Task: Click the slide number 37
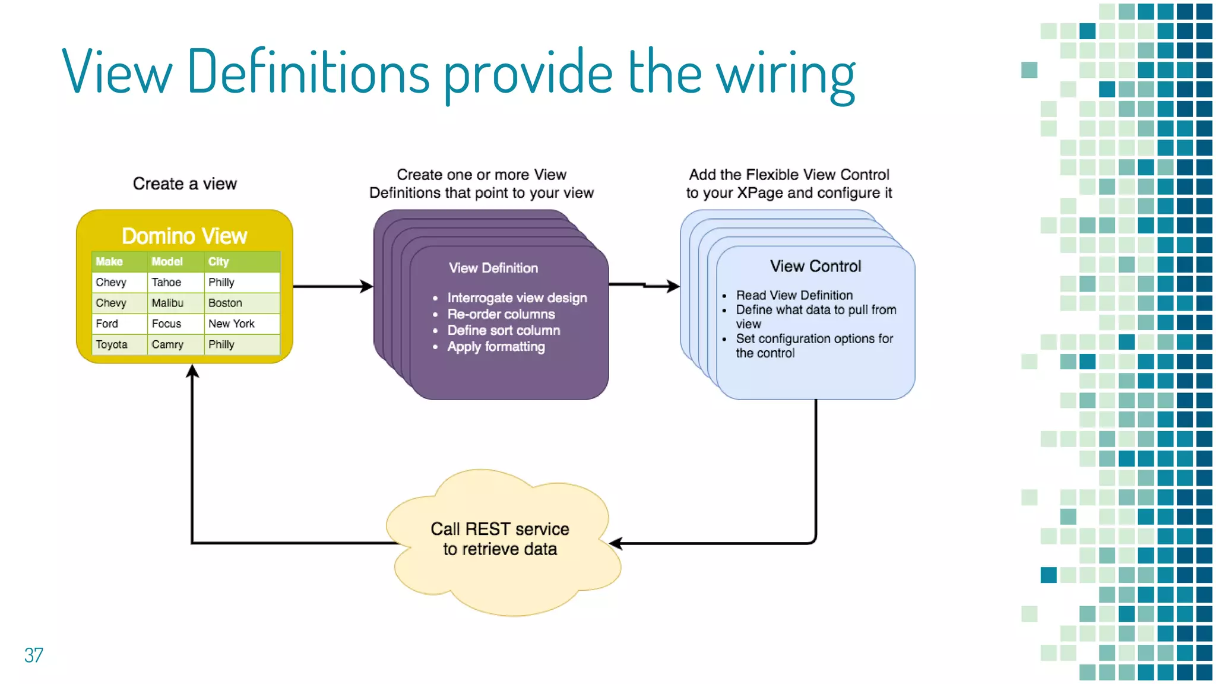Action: [33, 655]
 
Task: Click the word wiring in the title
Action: [785, 74]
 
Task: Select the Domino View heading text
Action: [184, 236]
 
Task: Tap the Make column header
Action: [109, 262]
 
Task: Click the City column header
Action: [218, 262]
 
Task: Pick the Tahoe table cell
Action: [166, 283]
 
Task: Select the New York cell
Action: [231, 324]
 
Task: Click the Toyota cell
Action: [112, 344]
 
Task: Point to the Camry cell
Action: [167, 344]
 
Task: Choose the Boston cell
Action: [225, 303]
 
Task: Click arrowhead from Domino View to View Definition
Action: [367, 287]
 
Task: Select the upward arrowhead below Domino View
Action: [192, 372]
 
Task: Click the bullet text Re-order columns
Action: [501, 314]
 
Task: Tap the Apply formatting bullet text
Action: [496, 347]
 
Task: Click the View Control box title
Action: [815, 266]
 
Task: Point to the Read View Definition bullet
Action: [794, 295]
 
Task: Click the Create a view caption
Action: [185, 184]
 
